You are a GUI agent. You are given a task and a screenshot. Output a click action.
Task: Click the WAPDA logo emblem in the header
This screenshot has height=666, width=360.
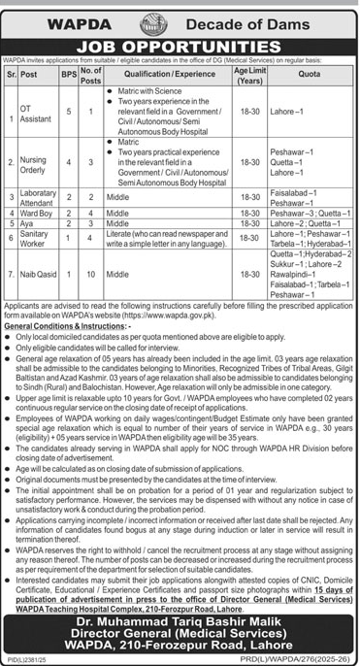[180, 15]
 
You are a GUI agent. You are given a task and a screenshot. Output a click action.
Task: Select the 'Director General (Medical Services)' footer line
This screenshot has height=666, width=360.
[180, 638]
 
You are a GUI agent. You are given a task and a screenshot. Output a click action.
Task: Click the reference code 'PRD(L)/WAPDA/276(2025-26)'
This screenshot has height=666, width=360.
[300, 660]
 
